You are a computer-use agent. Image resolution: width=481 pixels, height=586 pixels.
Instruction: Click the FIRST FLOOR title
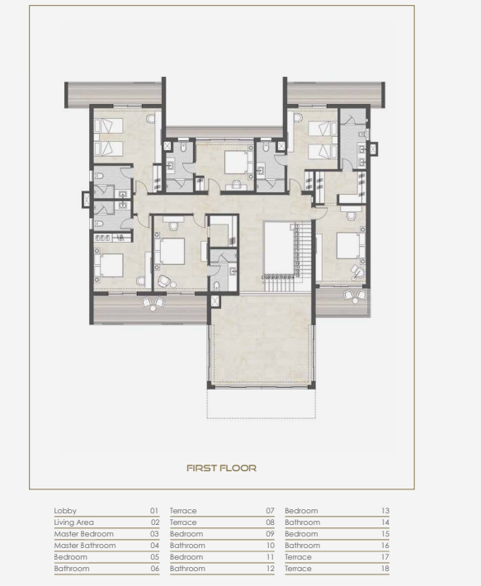(221, 468)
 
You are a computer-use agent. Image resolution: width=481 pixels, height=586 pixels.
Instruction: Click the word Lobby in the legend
(65, 511)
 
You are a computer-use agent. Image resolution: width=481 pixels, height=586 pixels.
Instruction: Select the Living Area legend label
(74, 522)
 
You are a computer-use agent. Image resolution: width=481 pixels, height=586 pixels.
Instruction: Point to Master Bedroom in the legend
(83, 534)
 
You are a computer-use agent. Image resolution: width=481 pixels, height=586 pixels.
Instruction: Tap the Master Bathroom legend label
(85, 546)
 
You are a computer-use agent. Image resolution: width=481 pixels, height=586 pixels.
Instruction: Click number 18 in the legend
(385, 569)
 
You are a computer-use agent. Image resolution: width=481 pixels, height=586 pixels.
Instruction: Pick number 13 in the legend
(385, 511)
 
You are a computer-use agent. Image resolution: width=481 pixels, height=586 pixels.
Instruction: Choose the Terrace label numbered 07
(183, 511)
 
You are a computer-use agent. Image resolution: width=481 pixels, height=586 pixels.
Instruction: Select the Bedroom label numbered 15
(301, 534)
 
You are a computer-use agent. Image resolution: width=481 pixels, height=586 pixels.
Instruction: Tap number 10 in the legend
(271, 546)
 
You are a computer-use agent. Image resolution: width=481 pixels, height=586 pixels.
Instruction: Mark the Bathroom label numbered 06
(72, 569)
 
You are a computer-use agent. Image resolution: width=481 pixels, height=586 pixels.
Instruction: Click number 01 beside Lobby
(154, 511)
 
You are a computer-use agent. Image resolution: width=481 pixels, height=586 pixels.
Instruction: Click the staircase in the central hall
(287, 257)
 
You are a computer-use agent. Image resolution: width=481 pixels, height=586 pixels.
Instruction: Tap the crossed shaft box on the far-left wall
(87, 200)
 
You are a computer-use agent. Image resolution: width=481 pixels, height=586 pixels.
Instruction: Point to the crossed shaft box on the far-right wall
(373, 149)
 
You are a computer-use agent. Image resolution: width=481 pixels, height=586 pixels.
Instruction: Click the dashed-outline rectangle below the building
(262, 404)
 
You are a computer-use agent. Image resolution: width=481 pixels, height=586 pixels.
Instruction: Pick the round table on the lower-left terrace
(153, 308)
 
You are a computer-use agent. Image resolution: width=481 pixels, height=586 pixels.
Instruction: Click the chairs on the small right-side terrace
(356, 297)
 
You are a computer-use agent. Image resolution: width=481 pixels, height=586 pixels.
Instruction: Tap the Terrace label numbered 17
(298, 557)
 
